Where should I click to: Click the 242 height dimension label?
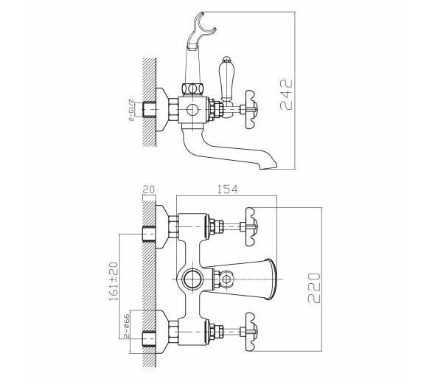coord(286,94)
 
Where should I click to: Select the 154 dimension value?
coord(227,189)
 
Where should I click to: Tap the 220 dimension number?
coord(314,288)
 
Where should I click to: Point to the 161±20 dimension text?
coord(114,281)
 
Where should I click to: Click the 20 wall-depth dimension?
coord(149,189)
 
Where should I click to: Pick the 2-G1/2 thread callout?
coord(131,110)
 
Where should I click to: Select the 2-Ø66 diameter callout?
coord(126,326)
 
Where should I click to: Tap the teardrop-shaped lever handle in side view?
coord(226,80)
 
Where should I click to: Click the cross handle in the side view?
coord(252,109)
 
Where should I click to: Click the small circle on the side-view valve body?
coord(192,110)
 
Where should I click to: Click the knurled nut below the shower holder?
coord(193,89)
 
